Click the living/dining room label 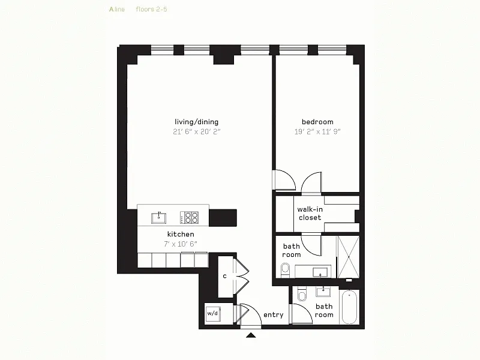coord(197,122)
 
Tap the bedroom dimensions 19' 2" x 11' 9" coord(317,131)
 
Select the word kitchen coord(181,234)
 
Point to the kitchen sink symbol coord(158,218)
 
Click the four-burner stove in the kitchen coord(189,218)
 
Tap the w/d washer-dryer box coord(213,314)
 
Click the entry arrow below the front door coord(251,335)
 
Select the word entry coord(274,314)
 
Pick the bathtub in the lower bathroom coord(349,307)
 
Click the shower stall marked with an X coord(349,257)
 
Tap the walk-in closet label coord(310,214)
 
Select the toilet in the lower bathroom coord(302,295)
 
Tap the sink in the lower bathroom coord(323,292)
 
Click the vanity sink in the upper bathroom coord(320,272)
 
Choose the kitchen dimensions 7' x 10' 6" coord(181,244)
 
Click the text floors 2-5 coord(152,9)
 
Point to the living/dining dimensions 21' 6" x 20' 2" coord(197,131)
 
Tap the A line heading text coord(117,9)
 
